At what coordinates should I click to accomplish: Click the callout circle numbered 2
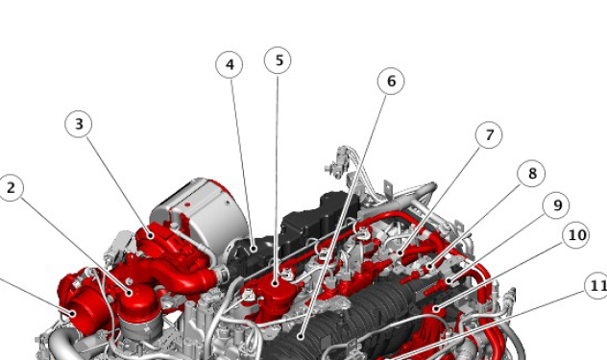click(x=11, y=188)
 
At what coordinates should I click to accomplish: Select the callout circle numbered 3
click(x=79, y=124)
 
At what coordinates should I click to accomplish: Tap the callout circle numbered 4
click(x=230, y=64)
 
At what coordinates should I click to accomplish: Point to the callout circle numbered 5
click(x=279, y=60)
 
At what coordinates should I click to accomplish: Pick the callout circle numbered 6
click(x=391, y=81)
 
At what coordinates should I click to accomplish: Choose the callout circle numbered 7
click(x=489, y=135)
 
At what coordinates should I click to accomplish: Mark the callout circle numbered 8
click(x=532, y=174)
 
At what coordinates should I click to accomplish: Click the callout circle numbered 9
click(x=556, y=205)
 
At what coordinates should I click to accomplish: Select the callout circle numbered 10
click(x=576, y=235)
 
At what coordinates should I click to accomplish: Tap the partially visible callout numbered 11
click(x=596, y=286)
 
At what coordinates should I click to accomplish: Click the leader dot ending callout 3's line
click(x=151, y=235)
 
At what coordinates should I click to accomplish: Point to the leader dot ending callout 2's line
click(x=130, y=292)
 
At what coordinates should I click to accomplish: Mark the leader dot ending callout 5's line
click(x=276, y=283)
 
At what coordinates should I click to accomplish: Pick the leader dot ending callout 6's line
click(x=300, y=337)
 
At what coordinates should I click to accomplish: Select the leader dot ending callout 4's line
click(x=254, y=249)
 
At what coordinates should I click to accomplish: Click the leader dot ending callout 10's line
click(x=436, y=308)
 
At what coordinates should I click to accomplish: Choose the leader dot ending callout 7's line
click(x=400, y=253)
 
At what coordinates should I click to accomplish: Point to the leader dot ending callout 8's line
click(x=429, y=266)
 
